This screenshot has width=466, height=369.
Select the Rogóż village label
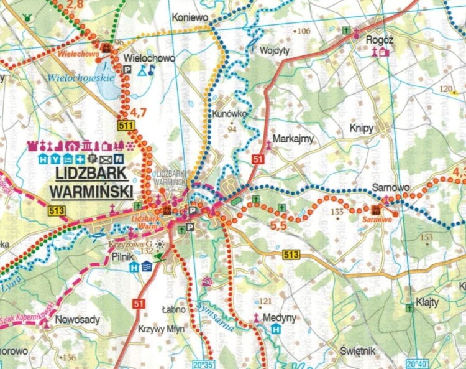[380, 39]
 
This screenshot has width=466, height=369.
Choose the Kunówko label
[230, 114]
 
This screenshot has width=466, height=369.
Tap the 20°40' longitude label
[419, 363]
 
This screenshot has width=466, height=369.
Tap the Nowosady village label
[77, 319]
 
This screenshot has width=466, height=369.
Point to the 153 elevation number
[426, 237]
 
